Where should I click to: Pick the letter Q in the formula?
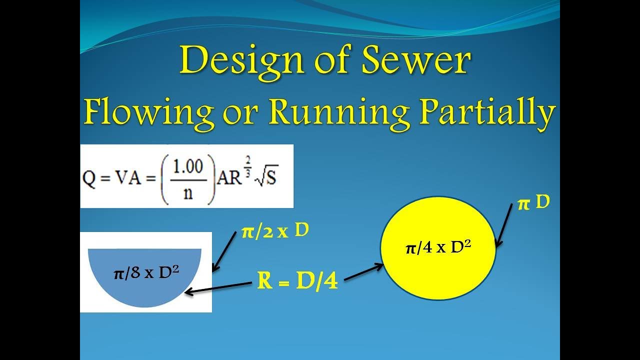(x=89, y=179)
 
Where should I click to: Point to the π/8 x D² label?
(x=146, y=273)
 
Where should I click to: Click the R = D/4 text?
(x=297, y=282)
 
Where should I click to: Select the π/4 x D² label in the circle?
(x=438, y=247)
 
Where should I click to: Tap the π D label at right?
(x=533, y=203)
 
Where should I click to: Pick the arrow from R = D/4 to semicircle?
(x=217, y=288)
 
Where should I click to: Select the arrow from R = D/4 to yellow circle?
(x=363, y=272)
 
